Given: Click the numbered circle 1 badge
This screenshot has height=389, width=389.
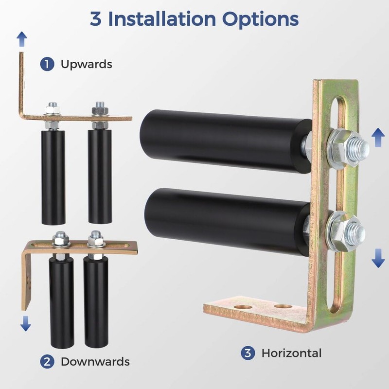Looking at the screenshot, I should point(47,64).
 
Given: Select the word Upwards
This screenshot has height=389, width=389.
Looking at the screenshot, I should point(86,64).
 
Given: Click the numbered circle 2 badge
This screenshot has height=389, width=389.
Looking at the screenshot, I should point(47,361).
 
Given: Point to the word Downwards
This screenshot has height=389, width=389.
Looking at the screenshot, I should point(95,361).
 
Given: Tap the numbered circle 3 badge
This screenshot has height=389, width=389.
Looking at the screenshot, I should point(248,353).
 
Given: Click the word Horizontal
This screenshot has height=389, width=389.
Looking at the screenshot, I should point(291,353).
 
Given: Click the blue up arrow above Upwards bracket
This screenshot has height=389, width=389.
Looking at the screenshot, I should point(21,39).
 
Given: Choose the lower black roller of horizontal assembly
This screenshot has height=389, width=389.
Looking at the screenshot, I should point(224,219).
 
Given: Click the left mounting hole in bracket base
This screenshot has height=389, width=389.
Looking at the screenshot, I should point(243,307).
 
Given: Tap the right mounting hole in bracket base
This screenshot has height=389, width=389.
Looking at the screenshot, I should point(283,307).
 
